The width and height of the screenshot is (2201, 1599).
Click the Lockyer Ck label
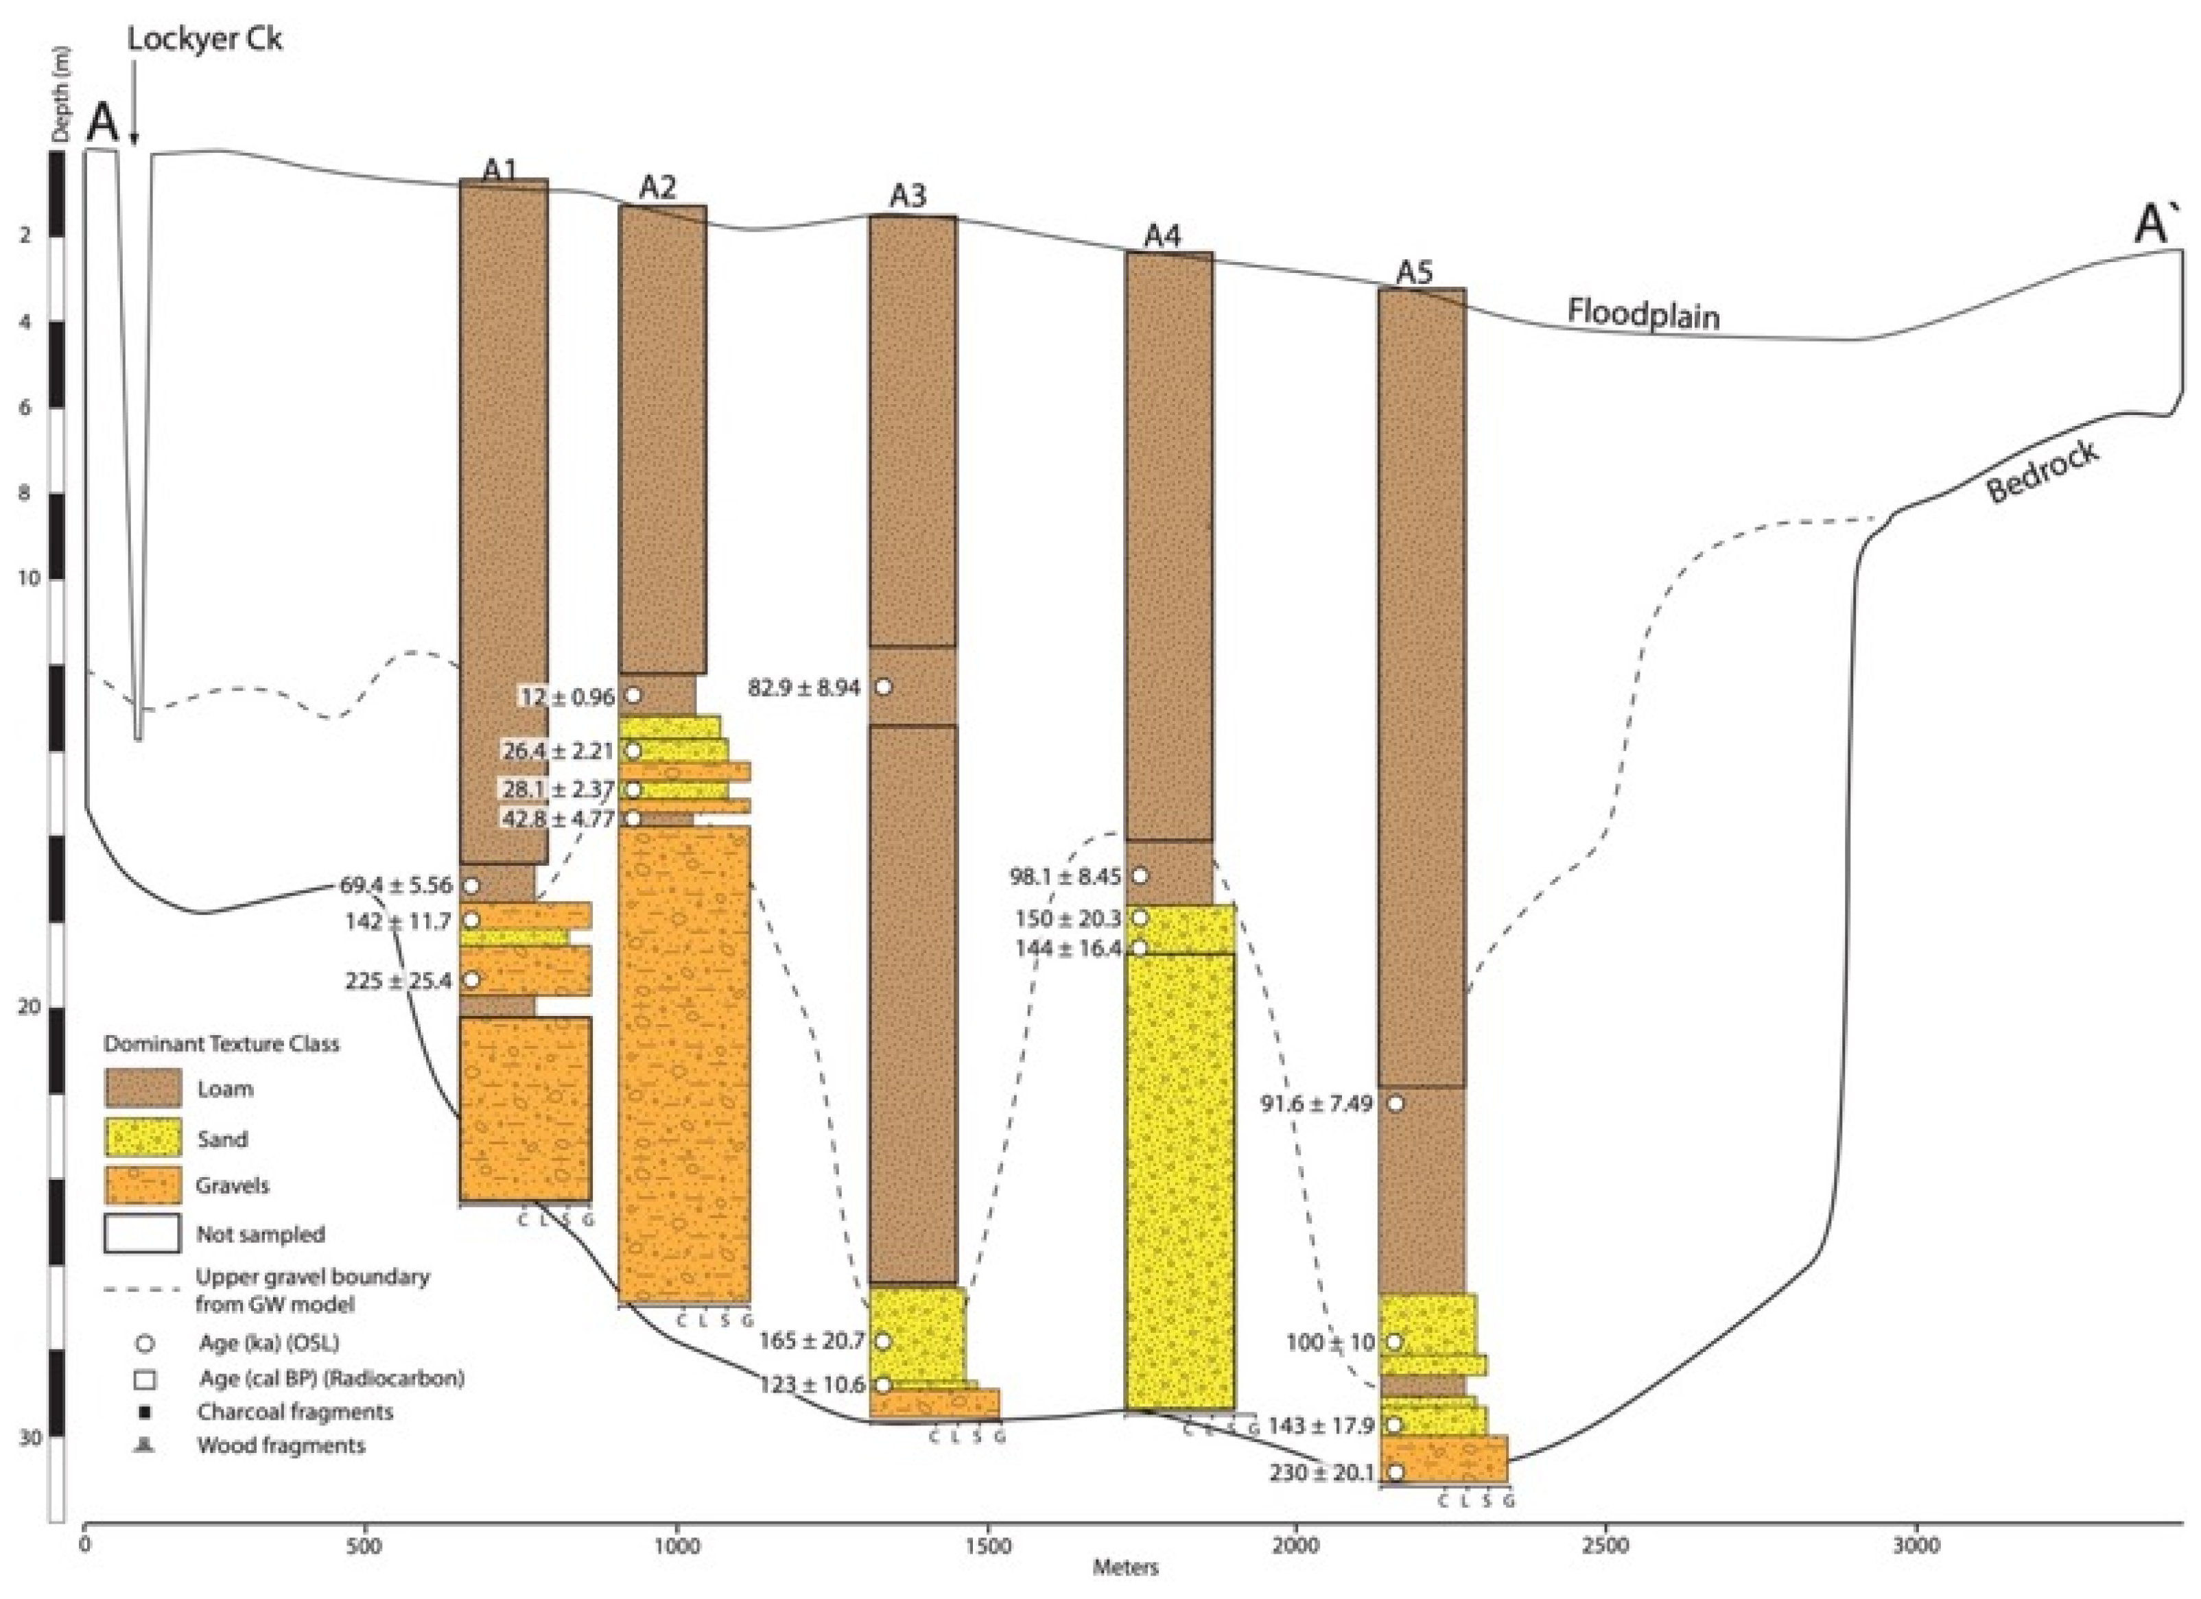204,40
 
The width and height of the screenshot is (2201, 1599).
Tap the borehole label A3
908,196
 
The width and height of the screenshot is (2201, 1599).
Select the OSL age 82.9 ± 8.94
803,688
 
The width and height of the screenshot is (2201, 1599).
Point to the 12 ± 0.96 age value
567,697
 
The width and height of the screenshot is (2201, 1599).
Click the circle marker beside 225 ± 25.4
471,980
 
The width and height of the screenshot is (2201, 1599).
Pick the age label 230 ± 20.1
1321,1473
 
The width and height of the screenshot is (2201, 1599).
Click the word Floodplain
1643,314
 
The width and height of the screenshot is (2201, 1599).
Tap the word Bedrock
2042,471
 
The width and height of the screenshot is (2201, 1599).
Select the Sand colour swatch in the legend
143,1138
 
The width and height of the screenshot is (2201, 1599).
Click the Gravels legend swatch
143,1185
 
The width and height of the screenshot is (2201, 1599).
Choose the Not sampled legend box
143,1234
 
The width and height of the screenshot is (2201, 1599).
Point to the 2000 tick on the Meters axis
1295,1543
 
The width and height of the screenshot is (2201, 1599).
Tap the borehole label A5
1414,272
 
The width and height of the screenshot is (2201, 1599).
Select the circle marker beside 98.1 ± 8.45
1140,876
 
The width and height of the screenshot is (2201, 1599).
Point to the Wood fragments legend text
281,1445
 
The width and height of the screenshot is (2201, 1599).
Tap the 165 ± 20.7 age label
810,1342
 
